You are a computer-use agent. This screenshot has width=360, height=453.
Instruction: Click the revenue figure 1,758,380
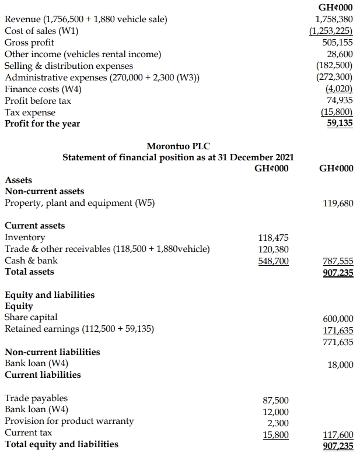[x=334, y=19]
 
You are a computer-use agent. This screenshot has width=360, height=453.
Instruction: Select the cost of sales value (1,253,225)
[x=331, y=31]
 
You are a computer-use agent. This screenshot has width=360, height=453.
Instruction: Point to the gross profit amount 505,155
[x=337, y=43]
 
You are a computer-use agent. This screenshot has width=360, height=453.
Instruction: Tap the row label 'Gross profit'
[x=29, y=43]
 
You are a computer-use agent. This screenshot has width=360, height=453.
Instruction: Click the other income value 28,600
[x=340, y=54]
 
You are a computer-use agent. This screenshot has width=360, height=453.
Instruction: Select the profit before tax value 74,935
[x=340, y=100]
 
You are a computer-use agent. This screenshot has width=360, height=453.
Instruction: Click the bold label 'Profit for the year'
[x=43, y=124]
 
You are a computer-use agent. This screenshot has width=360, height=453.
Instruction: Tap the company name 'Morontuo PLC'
[x=178, y=146]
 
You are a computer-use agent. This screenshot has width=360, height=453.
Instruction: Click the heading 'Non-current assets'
[x=44, y=191]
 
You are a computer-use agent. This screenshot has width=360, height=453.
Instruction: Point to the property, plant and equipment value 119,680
[x=337, y=203]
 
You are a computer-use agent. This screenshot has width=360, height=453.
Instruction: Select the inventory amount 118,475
[x=273, y=237]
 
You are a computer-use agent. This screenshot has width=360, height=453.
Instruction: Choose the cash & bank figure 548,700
[x=273, y=261]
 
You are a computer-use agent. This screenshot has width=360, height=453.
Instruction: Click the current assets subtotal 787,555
[x=337, y=261]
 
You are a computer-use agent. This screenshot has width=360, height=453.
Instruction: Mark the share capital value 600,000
[x=337, y=317]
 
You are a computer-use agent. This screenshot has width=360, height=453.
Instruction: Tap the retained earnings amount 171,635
[x=337, y=329]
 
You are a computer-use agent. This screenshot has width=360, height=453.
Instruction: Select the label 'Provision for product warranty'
[x=69, y=421]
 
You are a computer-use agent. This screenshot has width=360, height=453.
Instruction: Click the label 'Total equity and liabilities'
[x=61, y=444]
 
